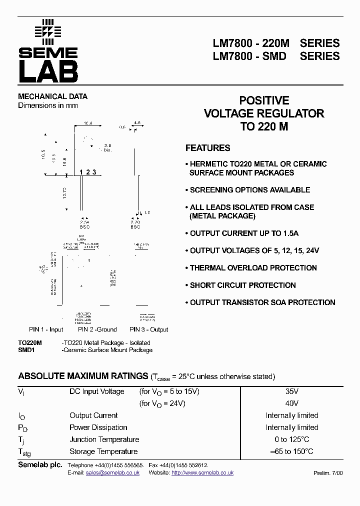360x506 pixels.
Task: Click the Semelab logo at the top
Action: [x=48, y=51]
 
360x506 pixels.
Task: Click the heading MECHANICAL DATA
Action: [x=52, y=96]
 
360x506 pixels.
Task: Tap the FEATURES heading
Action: [x=207, y=148]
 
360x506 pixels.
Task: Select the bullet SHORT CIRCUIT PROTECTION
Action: [x=242, y=285]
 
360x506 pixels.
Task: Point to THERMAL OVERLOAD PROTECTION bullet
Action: [x=253, y=268]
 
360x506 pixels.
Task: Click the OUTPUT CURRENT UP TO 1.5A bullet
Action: [x=244, y=233]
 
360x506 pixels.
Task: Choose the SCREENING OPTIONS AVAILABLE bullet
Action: [x=249, y=190]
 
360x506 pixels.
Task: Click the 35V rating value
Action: [x=292, y=391]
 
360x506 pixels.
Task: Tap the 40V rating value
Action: [x=292, y=403]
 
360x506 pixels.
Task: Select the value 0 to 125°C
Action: [x=292, y=439]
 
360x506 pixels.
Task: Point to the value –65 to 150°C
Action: [x=292, y=451]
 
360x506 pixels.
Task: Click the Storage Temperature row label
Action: [x=103, y=451]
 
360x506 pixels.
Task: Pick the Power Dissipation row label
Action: [x=98, y=427]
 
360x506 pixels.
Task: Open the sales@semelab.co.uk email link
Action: [x=112, y=472]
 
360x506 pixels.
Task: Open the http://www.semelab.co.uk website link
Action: [x=202, y=472]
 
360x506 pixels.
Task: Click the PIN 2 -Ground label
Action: [x=97, y=329]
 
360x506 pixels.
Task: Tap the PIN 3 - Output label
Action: [x=149, y=329]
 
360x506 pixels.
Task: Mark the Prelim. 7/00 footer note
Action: [x=328, y=472]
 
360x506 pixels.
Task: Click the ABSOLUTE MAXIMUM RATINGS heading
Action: [x=82, y=376]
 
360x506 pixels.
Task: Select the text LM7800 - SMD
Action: [x=249, y=56]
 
